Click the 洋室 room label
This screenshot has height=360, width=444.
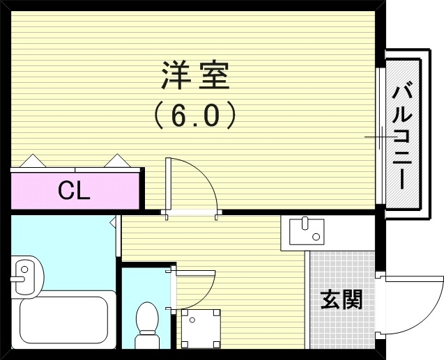pos(194,75)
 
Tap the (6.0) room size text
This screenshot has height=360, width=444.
pos(194,114)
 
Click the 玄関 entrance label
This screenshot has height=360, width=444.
pos(341,299)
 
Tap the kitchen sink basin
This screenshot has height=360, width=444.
pos(304,230)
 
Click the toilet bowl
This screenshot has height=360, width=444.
pos(147,321)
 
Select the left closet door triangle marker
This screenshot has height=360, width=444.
pos(32,162)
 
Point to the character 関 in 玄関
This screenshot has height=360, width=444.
pos(352,299)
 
